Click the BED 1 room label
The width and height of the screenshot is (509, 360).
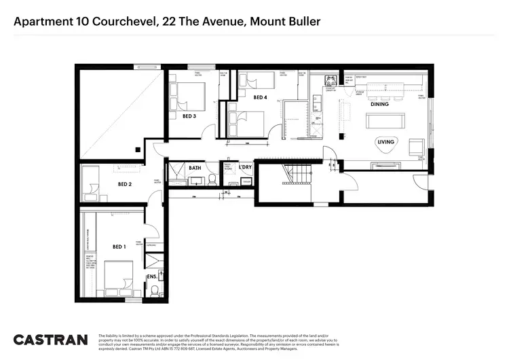(119, 247)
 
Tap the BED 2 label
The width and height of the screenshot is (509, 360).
(125, 184)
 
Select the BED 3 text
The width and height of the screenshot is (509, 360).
(190, 116)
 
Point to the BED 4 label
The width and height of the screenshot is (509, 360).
(260, 98)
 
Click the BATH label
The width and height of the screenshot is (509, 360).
(195, 167)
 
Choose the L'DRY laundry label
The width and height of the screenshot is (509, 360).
(245, 167)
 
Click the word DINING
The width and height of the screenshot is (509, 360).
(379, 104)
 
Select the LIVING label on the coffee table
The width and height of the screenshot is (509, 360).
(386, 142)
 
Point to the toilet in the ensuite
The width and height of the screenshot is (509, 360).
(155, 291)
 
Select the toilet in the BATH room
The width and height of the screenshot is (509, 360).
(212, 179)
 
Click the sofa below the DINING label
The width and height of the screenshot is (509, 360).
(386, 121)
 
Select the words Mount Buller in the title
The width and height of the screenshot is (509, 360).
(285, 22)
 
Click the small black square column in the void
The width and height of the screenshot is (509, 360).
(137, 148)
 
